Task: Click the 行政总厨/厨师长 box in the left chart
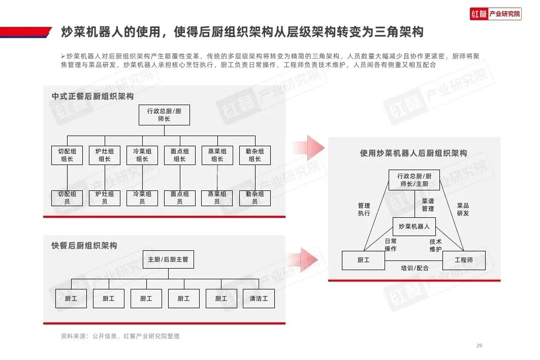164,115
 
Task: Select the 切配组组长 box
67,155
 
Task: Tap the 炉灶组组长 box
105,155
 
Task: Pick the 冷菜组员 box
142,198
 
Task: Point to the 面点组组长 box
180,155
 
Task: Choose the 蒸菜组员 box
217,198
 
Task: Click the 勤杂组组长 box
255,155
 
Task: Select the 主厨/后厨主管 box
168,259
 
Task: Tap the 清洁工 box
259,299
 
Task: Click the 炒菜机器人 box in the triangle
414,226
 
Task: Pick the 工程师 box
464,260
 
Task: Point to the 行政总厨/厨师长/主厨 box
414,180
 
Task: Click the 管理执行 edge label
364,209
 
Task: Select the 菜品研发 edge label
463,209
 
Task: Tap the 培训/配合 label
415,268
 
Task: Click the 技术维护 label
435,245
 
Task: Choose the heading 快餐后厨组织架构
84,246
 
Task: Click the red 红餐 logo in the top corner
478,14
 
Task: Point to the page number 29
479,346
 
